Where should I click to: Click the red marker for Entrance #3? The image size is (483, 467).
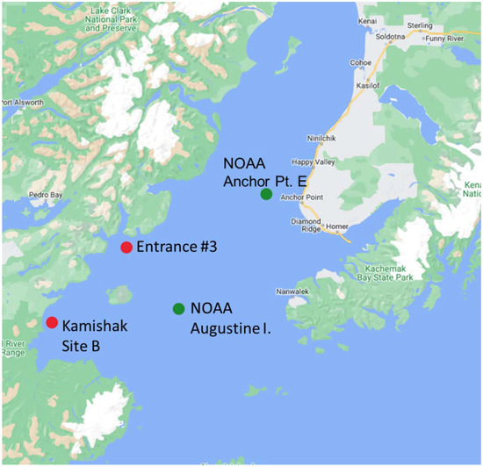pyautogui.click(x=126, y=248)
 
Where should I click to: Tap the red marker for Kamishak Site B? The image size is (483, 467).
pyautogui.click(x=52, y=322)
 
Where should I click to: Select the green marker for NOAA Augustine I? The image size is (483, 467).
pyautogui.click(x=178, y=309)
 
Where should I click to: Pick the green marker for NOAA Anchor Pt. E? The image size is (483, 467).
pyautogui.click(x=266, y=194)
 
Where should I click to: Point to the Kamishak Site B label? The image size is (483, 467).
pyautogui.click(x=94, y=335)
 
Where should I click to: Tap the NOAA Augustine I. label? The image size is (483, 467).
pyautogui.click(x=230, y=319)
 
